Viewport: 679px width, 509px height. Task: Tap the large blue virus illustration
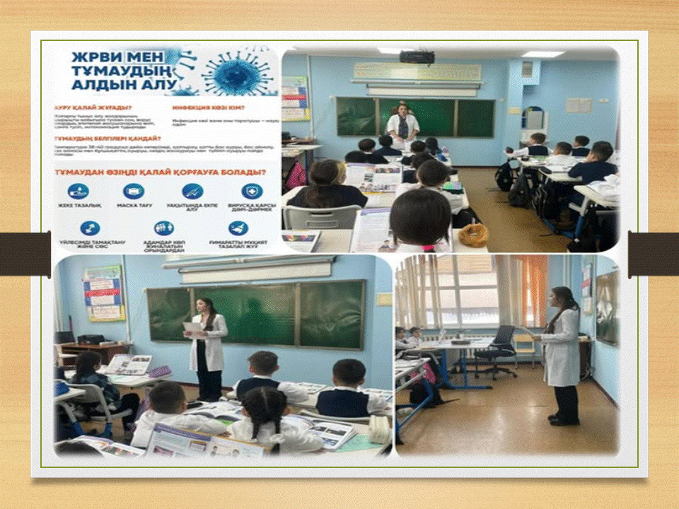(233, 71)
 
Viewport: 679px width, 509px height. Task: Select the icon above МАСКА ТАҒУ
(133, 191)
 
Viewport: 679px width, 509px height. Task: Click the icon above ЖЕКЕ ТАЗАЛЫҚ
(78, 191)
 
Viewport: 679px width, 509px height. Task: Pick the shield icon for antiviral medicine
(251, 191)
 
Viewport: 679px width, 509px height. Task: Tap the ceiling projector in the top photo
(416, 57)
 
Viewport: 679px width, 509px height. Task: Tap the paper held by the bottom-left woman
(192, 327)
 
